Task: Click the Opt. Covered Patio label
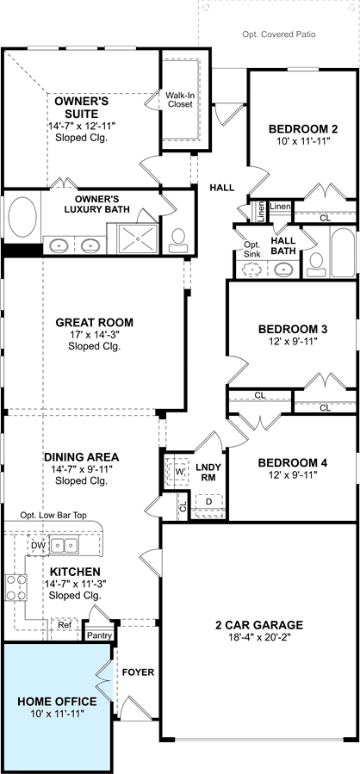coord(278,34)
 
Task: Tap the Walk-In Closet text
coord(179,100)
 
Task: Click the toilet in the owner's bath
coord(177,240)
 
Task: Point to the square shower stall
coord(138,238)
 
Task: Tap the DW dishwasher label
coord(38,546)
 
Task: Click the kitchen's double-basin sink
coord(65,546)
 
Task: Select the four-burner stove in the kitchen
coord(16,587)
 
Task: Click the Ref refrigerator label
coord(65,625)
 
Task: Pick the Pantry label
coord(99,635)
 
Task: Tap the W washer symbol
coord(179,472)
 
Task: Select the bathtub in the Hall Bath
coord(343,251)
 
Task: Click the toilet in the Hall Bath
coord(315,264)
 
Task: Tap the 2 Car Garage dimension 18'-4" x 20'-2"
coord(258,637)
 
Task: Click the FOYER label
coord(139,672)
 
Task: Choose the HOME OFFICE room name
coord(58,702)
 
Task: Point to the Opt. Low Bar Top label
coord(53,516)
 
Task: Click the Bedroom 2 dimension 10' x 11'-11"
coord(299,140)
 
